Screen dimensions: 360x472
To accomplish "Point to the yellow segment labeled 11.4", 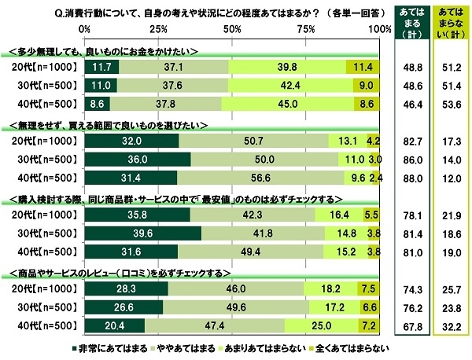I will point(363,68).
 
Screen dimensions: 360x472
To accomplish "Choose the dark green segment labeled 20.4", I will point(115,324).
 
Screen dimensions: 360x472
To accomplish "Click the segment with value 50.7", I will point(254,142).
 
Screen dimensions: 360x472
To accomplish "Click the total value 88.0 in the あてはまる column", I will point(408,178).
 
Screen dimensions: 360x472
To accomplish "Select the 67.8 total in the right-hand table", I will point(408,324).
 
